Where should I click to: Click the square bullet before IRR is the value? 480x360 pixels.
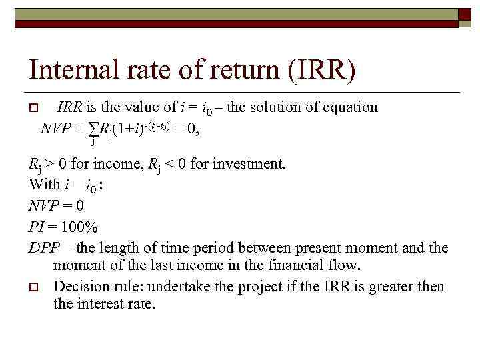click(33, 108)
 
